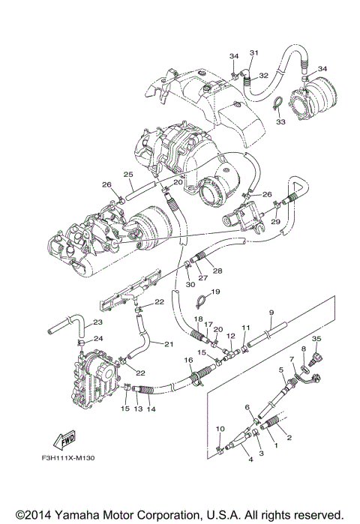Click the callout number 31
(253, 52)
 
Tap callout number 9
(269, 312)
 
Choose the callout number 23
(99, 323)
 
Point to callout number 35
(316, 340)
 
